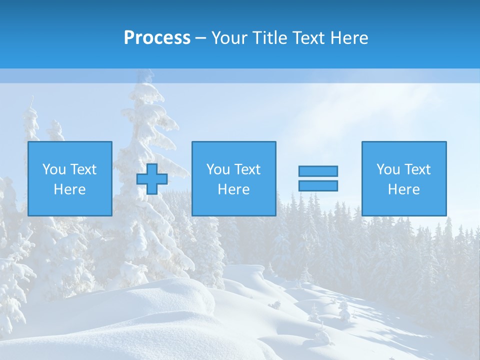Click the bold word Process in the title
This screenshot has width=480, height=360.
point(157,38)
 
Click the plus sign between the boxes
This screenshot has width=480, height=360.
point(152,179)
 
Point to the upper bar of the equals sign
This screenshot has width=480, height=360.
point(318,171)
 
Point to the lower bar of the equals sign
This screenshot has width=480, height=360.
point(318,185)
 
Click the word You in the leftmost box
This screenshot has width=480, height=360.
point(54,169)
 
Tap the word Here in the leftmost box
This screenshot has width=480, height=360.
point(70,189)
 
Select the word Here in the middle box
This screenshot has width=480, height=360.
point(233,189)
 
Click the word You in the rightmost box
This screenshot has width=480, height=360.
point(388,169)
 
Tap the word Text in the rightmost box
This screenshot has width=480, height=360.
point(417,169)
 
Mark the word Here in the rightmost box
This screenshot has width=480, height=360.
point(404,189)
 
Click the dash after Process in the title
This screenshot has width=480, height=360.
point(201,38)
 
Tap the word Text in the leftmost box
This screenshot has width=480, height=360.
point(83,169)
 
